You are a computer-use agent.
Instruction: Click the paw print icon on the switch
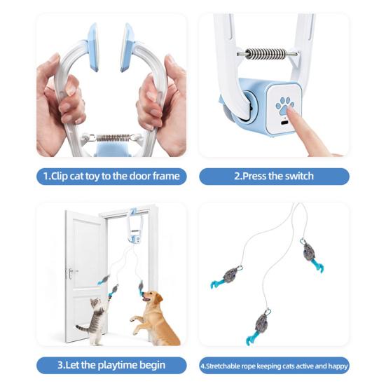[x=284, y=106]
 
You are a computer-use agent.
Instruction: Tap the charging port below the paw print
[x=284, y=123]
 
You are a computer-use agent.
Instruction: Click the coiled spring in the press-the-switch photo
[x=266, y=53]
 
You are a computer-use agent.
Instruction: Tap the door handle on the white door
[x=71, y=273]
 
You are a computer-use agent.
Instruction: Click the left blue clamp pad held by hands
[x=94, y=47]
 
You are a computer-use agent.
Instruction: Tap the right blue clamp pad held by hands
[x=127, y=47]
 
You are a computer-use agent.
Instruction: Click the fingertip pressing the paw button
[x=291, y=110]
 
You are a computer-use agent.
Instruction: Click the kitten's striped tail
[x=83, y=329]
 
